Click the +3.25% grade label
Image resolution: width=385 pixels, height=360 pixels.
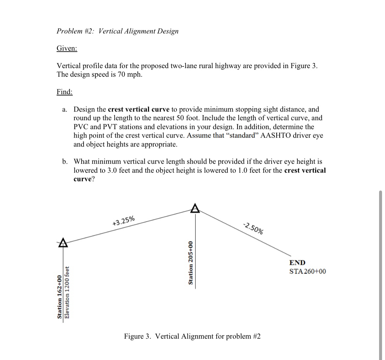123,220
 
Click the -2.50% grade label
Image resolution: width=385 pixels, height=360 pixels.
253,228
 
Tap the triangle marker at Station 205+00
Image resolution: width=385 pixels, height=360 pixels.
195,208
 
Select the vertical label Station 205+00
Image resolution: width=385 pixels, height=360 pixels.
190,263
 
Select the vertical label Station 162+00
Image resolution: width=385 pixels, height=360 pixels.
60,297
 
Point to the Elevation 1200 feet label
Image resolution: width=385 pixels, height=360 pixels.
67,292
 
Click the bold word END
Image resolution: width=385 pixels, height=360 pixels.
297,263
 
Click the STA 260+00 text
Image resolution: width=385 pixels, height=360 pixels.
307,271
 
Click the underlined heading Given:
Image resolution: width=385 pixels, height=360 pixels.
67,48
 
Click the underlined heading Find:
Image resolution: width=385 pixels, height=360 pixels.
64,92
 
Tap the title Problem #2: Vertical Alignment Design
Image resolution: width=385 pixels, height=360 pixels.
117,31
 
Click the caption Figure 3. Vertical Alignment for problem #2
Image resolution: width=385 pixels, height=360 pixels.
192,336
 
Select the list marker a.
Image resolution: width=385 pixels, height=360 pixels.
65,109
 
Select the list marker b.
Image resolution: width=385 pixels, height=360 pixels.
65,162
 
